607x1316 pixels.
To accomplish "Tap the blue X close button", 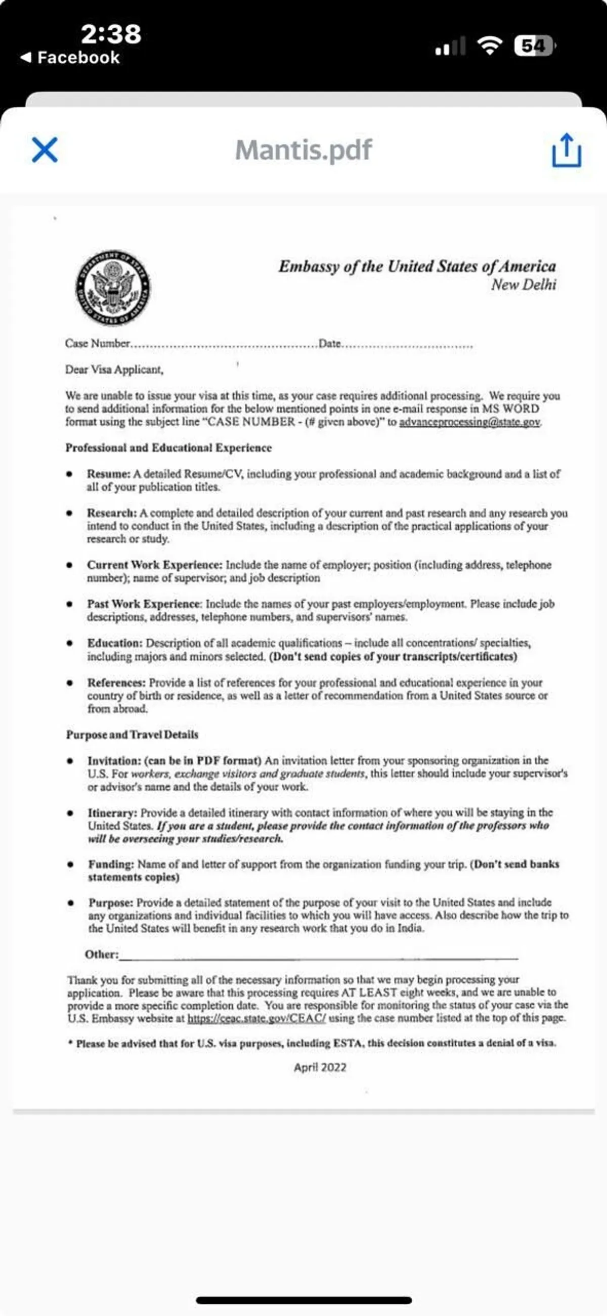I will (45, 150).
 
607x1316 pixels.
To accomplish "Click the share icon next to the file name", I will (566, 150).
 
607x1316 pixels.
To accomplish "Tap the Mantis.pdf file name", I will (303, 150).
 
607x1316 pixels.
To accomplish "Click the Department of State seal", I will (113, 288).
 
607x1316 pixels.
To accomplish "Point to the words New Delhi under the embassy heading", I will (523, 285).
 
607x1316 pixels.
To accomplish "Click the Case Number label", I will (97, 343).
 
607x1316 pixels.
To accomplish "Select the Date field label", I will (330, 343).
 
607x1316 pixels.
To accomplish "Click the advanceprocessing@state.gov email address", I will (469, 422).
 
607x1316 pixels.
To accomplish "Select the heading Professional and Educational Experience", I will (168, 448).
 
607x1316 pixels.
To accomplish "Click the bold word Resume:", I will (108, 474).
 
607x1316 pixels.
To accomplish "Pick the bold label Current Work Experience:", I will (154, 565).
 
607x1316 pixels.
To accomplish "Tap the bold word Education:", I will (114, 643).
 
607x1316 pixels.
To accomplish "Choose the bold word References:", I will (116, 683).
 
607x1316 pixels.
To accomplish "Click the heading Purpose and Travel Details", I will (132, 735).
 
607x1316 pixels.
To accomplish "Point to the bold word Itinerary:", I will (112, 813).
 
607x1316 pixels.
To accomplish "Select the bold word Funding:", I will (111, 865).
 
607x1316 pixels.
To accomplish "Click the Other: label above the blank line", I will (101, 955).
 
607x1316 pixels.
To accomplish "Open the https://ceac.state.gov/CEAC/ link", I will (256, 1018).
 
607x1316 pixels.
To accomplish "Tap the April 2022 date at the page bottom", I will (320, 1067).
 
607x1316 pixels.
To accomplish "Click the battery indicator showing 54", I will (534, 47).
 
